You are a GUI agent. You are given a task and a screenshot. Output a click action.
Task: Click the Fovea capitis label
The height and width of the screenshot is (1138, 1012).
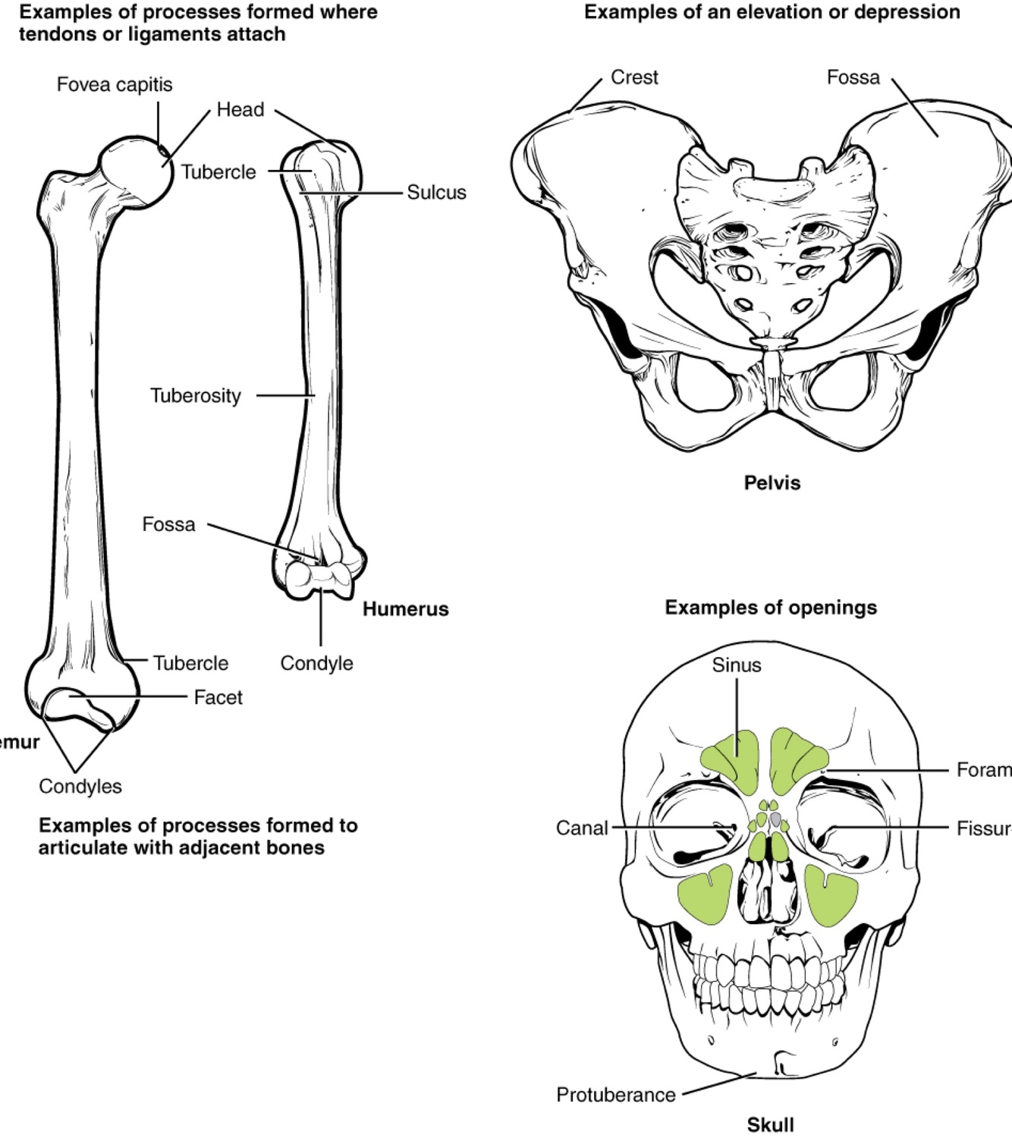pyautogui.click(x=115, y=84)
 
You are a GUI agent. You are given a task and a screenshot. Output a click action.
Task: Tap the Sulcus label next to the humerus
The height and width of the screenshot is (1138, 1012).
pyautogui.click(x=436, y=193)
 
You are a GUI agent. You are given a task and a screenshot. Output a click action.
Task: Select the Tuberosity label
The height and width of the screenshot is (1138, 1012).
pyautogui.click(x=195, y=395)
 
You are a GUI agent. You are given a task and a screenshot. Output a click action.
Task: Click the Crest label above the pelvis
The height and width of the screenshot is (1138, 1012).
pyautogui.click(x=634, y=77)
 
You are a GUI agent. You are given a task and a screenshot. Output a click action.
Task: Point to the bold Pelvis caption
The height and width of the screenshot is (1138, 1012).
pyautogui.click(x=772, y=483)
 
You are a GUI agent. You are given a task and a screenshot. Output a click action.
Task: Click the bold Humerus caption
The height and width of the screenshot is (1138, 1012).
pyautogui.click(x=405, y=609)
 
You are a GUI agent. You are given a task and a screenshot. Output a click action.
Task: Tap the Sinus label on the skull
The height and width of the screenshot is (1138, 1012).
pyautogui.click(x=736, y=665)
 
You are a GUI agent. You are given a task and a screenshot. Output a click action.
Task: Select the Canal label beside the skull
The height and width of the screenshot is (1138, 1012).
pyautogui.click(x=582, y=828)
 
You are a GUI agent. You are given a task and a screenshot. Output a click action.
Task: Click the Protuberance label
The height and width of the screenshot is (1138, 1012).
pyautogui.click(x=615, y=1095)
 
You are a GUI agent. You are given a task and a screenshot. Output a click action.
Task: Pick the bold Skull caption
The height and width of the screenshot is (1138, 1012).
pyautogui.click(x=770, y=1124)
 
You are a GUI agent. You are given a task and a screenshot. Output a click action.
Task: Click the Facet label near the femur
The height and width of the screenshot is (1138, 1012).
pyautogui.click(x=218, y=697)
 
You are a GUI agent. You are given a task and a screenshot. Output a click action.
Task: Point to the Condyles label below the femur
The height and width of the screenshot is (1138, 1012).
pyautogui.click(x=80, y=786)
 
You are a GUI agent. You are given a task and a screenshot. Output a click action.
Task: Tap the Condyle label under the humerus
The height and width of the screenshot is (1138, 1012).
pyautogui.click(x=316, y=663)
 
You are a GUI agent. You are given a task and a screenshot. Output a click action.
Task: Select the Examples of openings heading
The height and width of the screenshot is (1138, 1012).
pyautogui.click(x=771, y=608)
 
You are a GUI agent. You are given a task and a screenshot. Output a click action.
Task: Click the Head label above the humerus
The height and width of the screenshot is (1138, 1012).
pyautogui.click(x=240, y=110)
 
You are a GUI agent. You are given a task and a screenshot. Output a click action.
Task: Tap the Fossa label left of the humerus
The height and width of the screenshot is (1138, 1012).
pyautogui.click(x=168, y=524)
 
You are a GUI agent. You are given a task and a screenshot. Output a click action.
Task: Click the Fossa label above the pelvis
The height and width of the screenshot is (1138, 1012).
pyautogui.click(x=853, y=77)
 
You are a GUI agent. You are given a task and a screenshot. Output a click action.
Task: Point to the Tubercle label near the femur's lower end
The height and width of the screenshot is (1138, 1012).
pyautogui.click(x=190, y=663)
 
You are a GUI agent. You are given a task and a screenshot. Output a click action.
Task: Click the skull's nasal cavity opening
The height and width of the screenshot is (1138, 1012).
pyautogui.click(x=768, y=888)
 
